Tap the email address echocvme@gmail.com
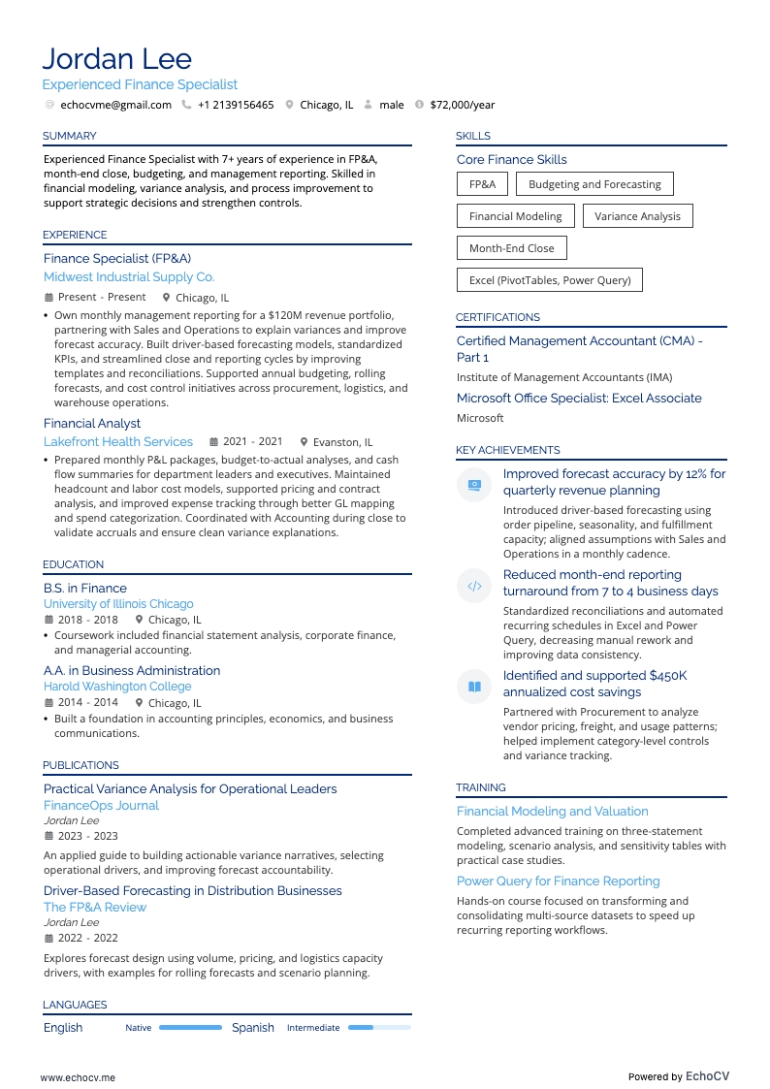coord(115,105)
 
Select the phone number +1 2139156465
coord(236,105)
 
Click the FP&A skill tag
coord(482,184)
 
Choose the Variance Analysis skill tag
coord(637,216)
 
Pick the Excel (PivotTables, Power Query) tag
coord(549,280)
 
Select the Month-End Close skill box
coord(511,248)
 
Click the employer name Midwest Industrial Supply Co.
coord(129,277)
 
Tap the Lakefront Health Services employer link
coord(118,441)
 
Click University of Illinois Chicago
coord(118,603)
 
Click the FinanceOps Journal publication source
coord(101,805)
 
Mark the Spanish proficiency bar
coord(379,1027)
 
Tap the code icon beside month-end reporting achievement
coord(474,586)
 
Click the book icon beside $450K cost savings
coord(474,687)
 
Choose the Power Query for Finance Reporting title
coord(558,881)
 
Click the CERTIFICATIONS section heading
coord(497,317)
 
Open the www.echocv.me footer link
coord(78,1076)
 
